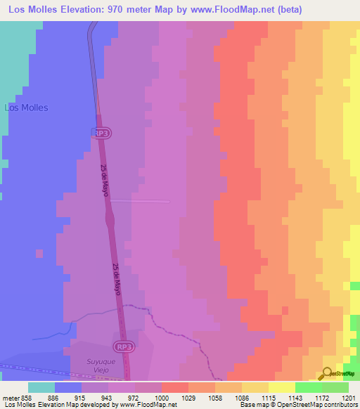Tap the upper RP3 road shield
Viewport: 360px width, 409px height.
click(x=102, y=132)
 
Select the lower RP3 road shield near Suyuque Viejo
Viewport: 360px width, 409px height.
click(x=123, y=346)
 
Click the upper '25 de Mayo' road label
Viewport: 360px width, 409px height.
click(x=105, y=181)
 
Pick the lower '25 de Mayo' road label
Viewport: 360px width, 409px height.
click(x=117, y=280)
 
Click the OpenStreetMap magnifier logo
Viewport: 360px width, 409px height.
click(x=326, y=373)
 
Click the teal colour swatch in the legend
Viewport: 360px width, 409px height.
click(x=41, y=387)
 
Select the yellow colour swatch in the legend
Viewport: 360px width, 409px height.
click(x=281, y=387)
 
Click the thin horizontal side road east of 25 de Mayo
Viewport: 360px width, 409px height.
click(x=140, y=201)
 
